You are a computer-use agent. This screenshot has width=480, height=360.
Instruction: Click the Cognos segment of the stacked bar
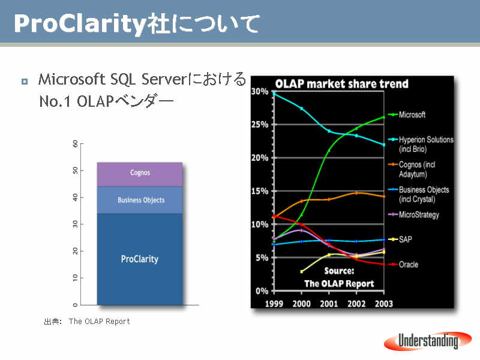pyautogui.click(x=140, y=174)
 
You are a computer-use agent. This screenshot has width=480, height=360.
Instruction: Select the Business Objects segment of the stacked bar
pyautogui.click(x=140, y=200)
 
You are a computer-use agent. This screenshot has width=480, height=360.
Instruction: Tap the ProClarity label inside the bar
pyautogui.click(x=140, y=259)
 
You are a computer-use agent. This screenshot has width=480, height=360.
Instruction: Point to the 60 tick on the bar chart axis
pyautogui.click(x=76, y=143)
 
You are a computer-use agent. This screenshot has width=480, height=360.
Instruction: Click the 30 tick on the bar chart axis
pyautogui.click(x=76, y=224)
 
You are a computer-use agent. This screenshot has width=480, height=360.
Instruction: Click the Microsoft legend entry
pyautogui.click(x=407, y=115)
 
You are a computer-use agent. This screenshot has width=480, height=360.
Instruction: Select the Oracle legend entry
pyautogui.click(x=403, y=264)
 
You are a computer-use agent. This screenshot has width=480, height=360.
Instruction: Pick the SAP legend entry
pyautogui.click(x=400, y=239)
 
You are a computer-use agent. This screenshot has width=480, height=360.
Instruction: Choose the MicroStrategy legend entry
pyautogui.click(x=413, y=215)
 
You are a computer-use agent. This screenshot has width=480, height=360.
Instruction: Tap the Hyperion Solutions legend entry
pyautogui.click(x=421, y=144)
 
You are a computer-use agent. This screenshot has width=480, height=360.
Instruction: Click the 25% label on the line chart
pyautogui.click(x=260, y=124)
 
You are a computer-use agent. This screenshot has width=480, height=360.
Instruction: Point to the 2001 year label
pyautogui.click(x=329, y=304)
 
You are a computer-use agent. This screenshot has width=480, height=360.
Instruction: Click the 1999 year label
pyautogui.click(x=274, y=304)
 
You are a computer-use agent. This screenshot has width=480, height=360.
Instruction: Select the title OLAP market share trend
pyautogui.click(x=341, y=83)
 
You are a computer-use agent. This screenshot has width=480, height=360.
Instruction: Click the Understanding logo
pyautogui.click(x=428, y=341)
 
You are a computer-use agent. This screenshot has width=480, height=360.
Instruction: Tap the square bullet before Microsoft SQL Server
pyautogui.click(x=25, y=82)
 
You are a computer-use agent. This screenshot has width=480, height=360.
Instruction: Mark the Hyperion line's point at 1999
pyautogui.click(x=274, y=94)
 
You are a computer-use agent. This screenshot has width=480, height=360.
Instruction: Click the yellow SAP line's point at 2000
pyautogui.click(x=302, y=272)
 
